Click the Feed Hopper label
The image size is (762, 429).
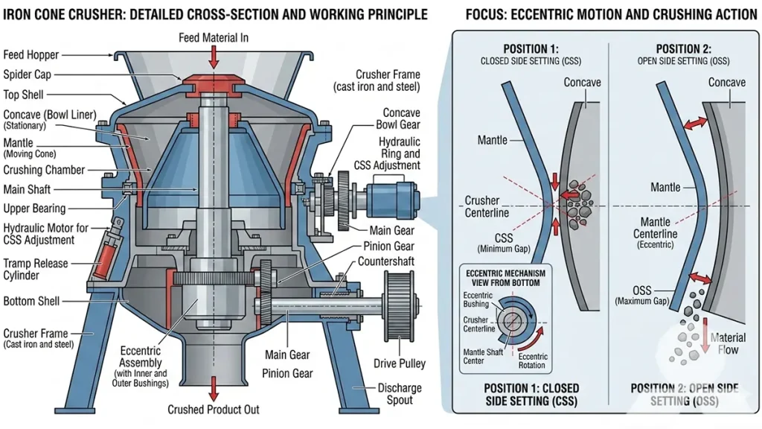31,54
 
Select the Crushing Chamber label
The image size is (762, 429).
44,170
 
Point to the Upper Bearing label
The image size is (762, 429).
34,209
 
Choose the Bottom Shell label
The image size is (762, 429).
31,302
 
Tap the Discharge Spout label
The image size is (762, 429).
400,393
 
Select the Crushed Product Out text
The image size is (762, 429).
214,410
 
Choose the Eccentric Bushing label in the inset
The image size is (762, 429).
478,299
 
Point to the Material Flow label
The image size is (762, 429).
727,343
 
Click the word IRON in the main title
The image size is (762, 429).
22,14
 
